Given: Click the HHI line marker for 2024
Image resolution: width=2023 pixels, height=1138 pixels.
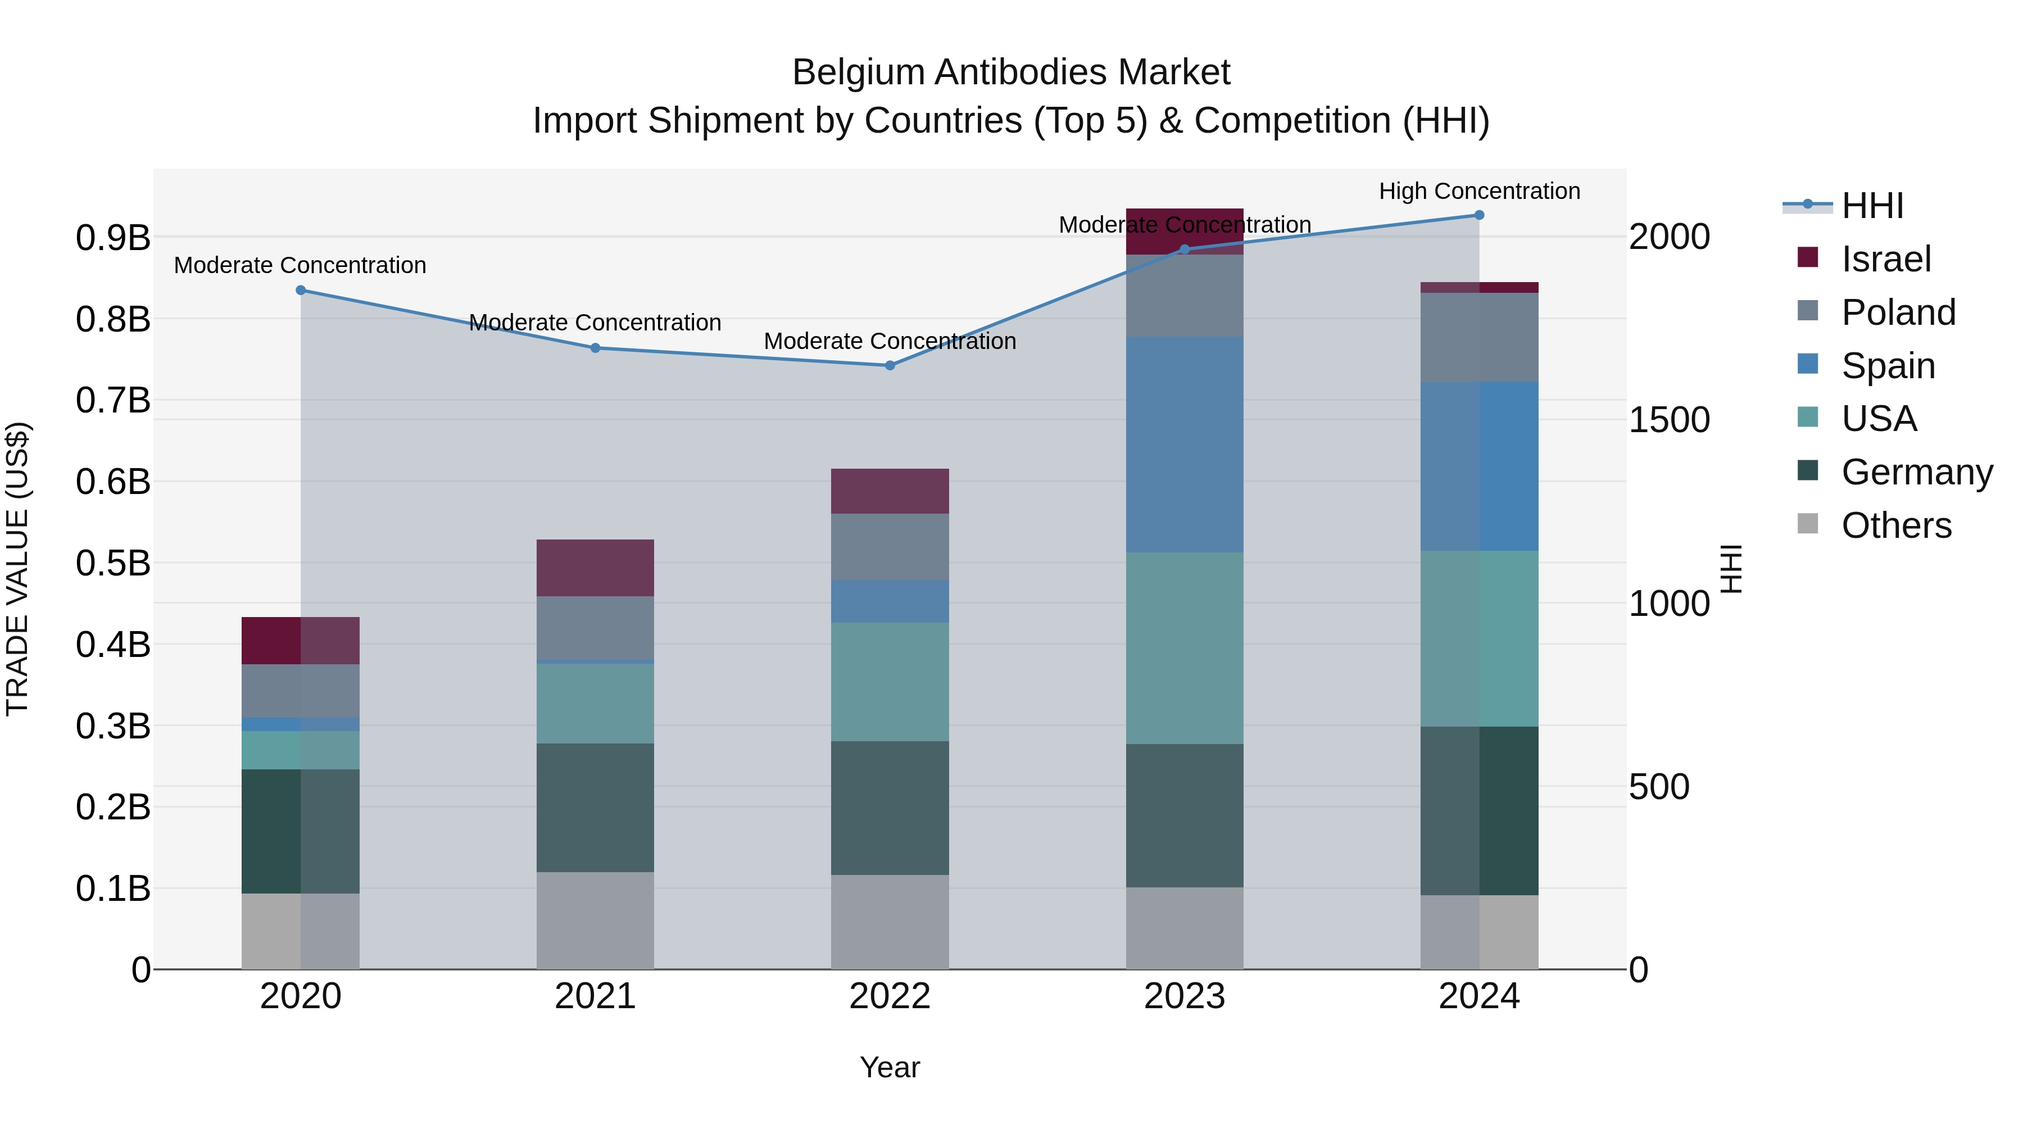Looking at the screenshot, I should click(1479, 215).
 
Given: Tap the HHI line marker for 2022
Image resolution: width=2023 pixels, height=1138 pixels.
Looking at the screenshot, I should click(890, 365).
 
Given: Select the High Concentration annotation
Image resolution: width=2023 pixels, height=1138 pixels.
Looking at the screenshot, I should click(1479, 191).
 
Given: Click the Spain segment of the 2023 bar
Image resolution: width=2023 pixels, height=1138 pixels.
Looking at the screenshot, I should click(1184, 445).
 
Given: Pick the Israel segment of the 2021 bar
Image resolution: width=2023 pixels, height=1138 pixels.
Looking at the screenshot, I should click(595, 568).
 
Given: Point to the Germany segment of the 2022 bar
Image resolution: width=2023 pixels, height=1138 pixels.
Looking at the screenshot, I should click(890, 808).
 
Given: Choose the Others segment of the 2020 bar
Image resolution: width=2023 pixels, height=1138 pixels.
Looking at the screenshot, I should click(300, 931).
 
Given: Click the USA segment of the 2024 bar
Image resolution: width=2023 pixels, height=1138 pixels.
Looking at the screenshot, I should click(1479, 638).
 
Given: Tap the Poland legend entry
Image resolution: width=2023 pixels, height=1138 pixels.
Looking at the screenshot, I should click(1897, 312).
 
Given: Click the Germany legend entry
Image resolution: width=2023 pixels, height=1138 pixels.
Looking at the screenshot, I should click(1916, 472).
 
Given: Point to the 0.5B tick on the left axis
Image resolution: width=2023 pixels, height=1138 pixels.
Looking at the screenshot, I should click(113, 563).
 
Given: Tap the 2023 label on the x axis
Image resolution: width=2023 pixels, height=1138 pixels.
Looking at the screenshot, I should click(1184, 996).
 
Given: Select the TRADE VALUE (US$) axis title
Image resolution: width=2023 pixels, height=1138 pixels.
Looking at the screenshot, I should click(18, 569).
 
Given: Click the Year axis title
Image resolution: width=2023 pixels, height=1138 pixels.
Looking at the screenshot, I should click(890, 1067).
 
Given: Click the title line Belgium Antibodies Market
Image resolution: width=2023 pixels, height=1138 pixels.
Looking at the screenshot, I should click(1011, 72).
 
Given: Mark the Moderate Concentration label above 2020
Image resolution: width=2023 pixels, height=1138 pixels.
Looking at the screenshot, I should click(300, 265).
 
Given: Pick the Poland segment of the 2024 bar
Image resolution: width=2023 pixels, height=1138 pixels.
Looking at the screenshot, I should click(1479, 338).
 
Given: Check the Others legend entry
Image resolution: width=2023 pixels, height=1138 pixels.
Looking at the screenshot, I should click(1896, 525).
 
